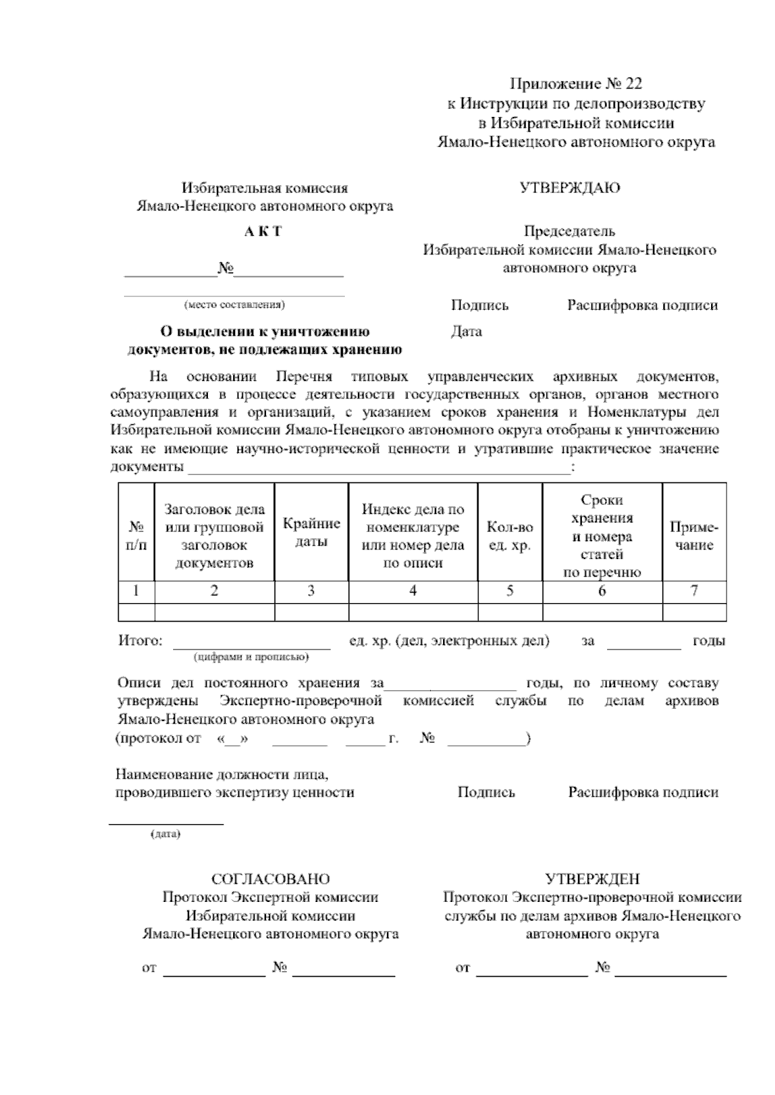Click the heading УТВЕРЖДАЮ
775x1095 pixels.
click(570, 188)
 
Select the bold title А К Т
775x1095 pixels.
click(263, 232)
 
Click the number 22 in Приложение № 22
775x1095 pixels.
click(634, 84)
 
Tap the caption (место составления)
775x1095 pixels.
click(234, 305)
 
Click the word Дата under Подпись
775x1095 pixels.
click(466, 332)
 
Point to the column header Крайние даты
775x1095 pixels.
click(311, 533)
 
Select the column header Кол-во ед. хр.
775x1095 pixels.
click(510, 537)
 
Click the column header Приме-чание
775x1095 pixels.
click(694, 536)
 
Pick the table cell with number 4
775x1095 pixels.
click(413, 591)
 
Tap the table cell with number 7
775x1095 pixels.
click(694, 591)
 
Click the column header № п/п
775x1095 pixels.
click(136, 537)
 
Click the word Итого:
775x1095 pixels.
click(140, 641)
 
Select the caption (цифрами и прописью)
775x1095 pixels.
click(251, 658)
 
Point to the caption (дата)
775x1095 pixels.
click(165, 835)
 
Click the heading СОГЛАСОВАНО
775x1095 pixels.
click(271, 879)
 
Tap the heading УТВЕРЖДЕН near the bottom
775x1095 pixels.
click(592, 879)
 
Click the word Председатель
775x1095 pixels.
click(569, 231)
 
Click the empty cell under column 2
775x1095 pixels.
click(214, 612)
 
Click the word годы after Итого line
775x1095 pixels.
click(708, 641)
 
